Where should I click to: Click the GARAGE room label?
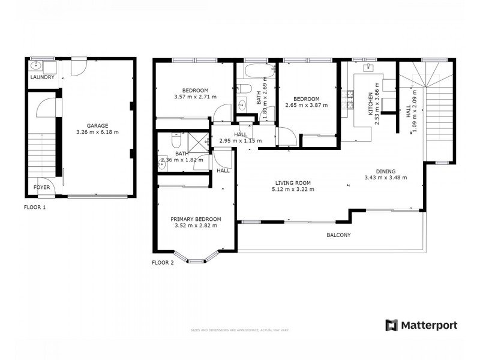[x=97, y=125]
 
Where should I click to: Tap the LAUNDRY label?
[x=42, y=77]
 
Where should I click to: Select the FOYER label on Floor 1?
[x=41, y=187]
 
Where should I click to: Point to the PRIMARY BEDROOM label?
[x=196, y=219]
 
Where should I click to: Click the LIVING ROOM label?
[x=294, y=183]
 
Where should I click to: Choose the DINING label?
[x=386, y=170]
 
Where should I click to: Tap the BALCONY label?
[x=338, y=235]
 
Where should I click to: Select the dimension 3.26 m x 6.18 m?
[x=97, y=132]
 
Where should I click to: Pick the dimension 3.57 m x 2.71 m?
[x=195, y=97]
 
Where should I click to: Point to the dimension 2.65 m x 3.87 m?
[x=307, y=106]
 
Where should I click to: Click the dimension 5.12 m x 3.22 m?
[x=294, y=190]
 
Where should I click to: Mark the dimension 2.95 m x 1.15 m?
[x=240, y=140]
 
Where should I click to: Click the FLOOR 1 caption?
[x=35, y=207]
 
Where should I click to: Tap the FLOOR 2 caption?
[x=163, y=262]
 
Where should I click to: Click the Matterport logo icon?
[x=392, y=325]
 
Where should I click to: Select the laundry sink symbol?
[x=35, y=67]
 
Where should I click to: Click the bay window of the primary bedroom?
[x=196, y=259]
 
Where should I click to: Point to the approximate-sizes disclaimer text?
[x=239, y=330]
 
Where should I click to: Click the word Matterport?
[x=430, y=325]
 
